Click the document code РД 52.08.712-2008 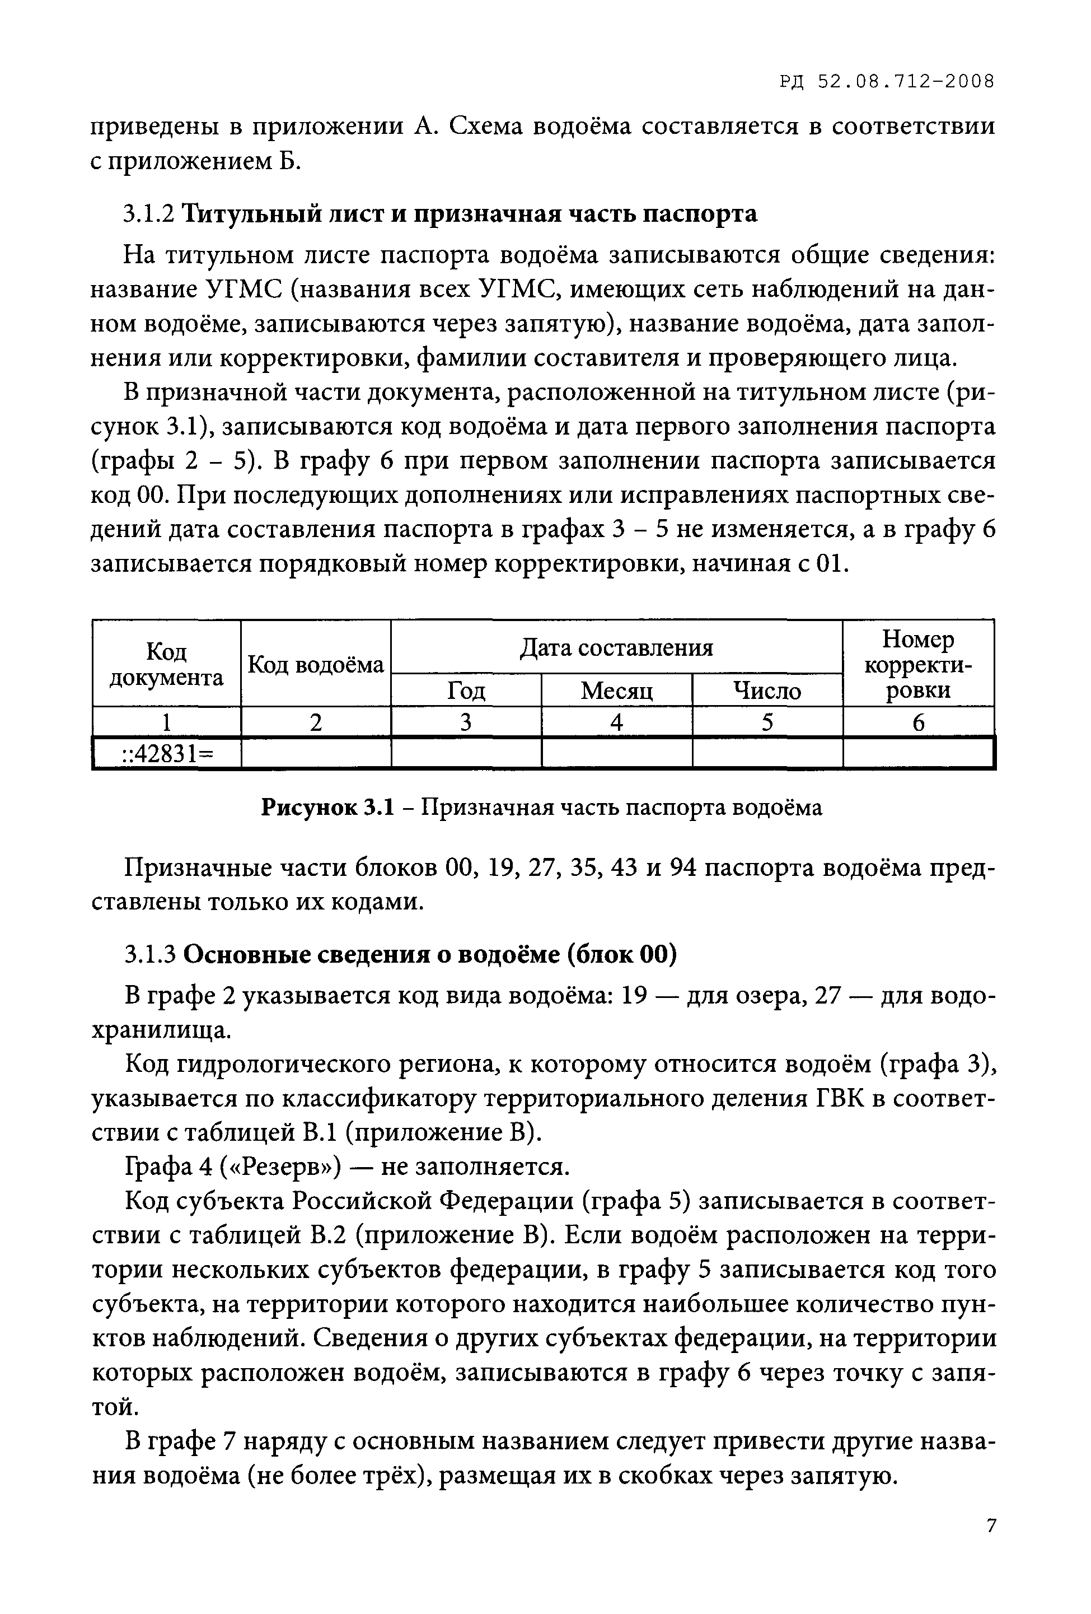click(886, 82)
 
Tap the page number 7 click(990, 1526)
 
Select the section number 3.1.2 click(148, 214)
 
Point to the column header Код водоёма click(316, 665)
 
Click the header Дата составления click(616, 647)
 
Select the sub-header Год click(466, 691)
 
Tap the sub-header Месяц click(616, 691)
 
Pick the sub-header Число click(767, 691)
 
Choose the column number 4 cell click(616, 722)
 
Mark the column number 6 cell click(918, 722)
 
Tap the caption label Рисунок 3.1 click(327, 807)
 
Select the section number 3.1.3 click(148, 955)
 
